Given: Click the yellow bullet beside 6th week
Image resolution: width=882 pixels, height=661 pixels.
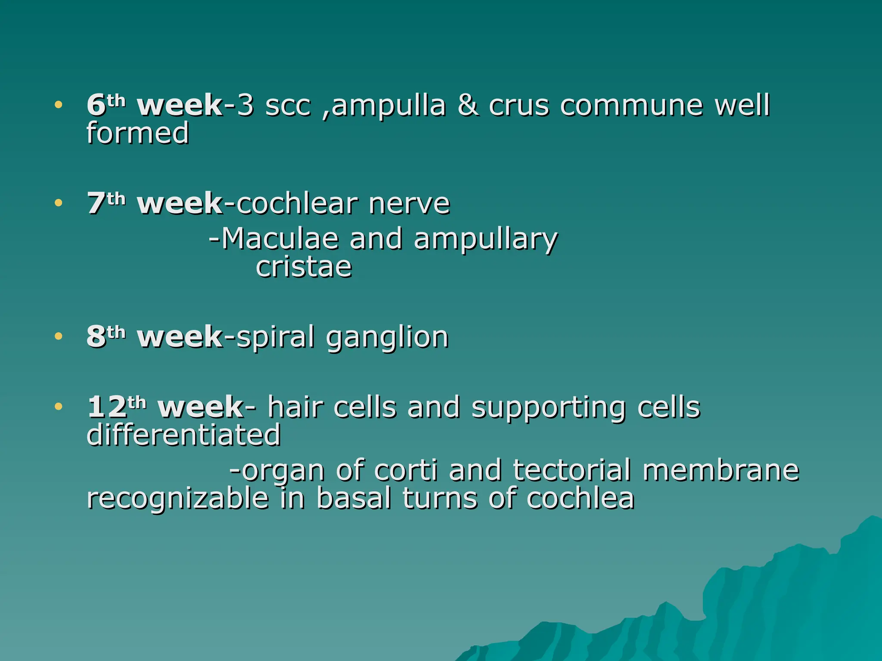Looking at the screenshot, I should point(59,105).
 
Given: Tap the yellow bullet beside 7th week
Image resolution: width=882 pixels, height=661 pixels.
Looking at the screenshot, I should point(59,203).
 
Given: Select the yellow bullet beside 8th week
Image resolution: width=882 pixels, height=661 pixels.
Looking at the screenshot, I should point(59,336).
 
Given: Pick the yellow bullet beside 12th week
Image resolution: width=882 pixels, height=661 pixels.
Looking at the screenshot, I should point(59,406).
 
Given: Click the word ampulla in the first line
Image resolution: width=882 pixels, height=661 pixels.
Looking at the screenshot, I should point(388,106).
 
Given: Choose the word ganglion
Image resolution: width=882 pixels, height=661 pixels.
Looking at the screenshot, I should point(387,338).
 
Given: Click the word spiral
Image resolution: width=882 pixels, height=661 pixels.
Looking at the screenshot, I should point(276,337).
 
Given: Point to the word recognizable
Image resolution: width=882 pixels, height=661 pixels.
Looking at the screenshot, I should point(178,499).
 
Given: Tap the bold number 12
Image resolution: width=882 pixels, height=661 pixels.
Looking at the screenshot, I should point(107,407).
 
